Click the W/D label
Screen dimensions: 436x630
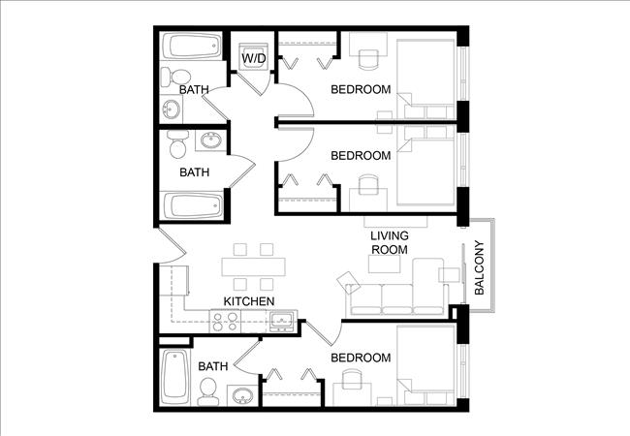(254, 58)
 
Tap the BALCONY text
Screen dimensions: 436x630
(479, 267)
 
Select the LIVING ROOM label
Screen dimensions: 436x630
(390, 242)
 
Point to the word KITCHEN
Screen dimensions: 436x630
(248, 302)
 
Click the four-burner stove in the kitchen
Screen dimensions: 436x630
(225, 321)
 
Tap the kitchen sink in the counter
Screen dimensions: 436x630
(283, 321)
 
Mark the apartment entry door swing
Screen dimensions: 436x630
(167, 250)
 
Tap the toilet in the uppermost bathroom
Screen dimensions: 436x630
(174, 78)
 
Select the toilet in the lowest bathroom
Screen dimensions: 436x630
(208, 390)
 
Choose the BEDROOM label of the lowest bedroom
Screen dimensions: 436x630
(361, 358)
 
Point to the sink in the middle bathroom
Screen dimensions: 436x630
(208, 143)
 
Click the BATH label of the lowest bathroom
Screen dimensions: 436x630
(213, 367)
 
